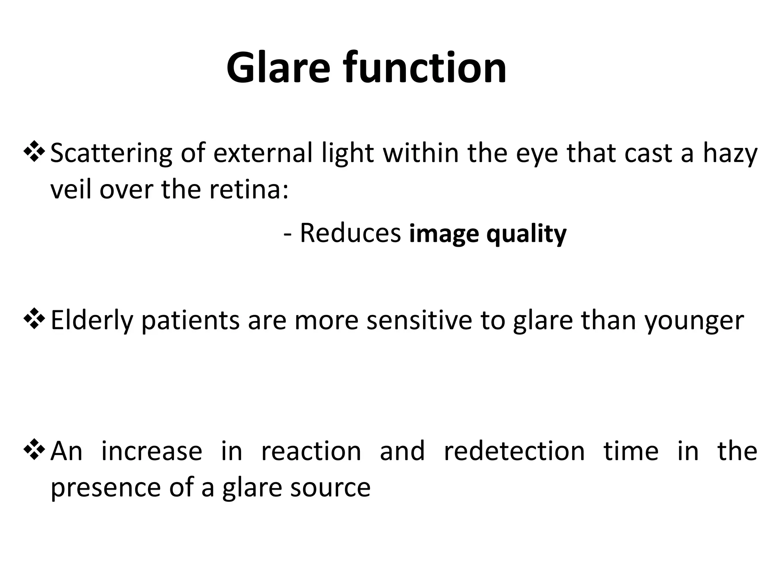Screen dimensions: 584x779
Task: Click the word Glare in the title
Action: [x=278, y=68]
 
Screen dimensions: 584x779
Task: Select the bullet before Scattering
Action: [x=35, y=152]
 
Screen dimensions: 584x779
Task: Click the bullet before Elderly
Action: [x=35, y=319]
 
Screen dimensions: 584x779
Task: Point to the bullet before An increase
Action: [x=35, y=450]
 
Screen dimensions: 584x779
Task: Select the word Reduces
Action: [x=350, y=233]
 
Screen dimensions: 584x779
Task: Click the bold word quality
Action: [x=526, y=234]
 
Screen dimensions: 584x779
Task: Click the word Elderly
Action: [x=92, y=321]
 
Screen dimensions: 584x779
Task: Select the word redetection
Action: [x=514, y=451]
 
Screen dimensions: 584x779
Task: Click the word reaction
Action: [x=311, y=451]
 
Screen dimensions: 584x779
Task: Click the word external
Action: [x=262, y=153]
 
